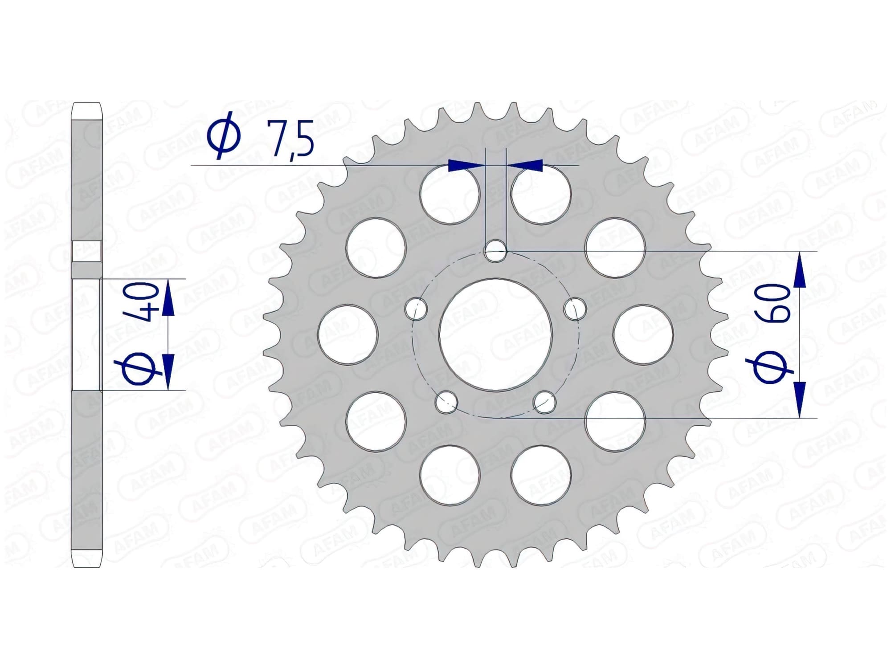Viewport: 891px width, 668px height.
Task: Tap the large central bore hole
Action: (495, 335)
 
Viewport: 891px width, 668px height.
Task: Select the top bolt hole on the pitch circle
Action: (495, 251)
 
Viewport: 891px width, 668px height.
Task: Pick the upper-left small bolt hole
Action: (416, 308)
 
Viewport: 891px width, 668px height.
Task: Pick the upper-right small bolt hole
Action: (575, 308)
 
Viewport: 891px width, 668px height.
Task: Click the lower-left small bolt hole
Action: (446, 403)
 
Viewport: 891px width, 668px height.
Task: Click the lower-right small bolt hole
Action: (545, 403)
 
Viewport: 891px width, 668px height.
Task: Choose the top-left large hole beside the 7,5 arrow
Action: (450, 194)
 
